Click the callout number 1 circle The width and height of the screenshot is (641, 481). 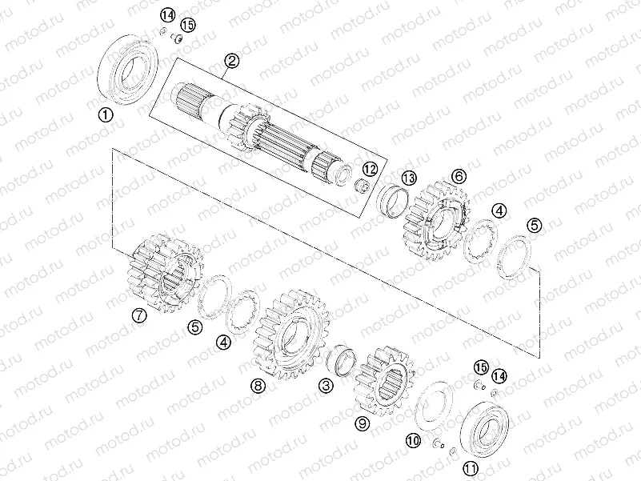point(106,114)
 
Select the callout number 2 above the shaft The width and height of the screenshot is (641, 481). point(231,60)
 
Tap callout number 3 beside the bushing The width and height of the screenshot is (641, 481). point(326,386)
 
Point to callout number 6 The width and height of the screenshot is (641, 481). point(459,175)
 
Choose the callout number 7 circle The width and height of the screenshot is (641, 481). point(140,315)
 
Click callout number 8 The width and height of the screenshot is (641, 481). point(257,386)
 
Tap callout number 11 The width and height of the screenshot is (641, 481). point(471,468)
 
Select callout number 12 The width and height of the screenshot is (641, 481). point(369,169)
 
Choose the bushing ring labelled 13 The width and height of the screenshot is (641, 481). point(394,199)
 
